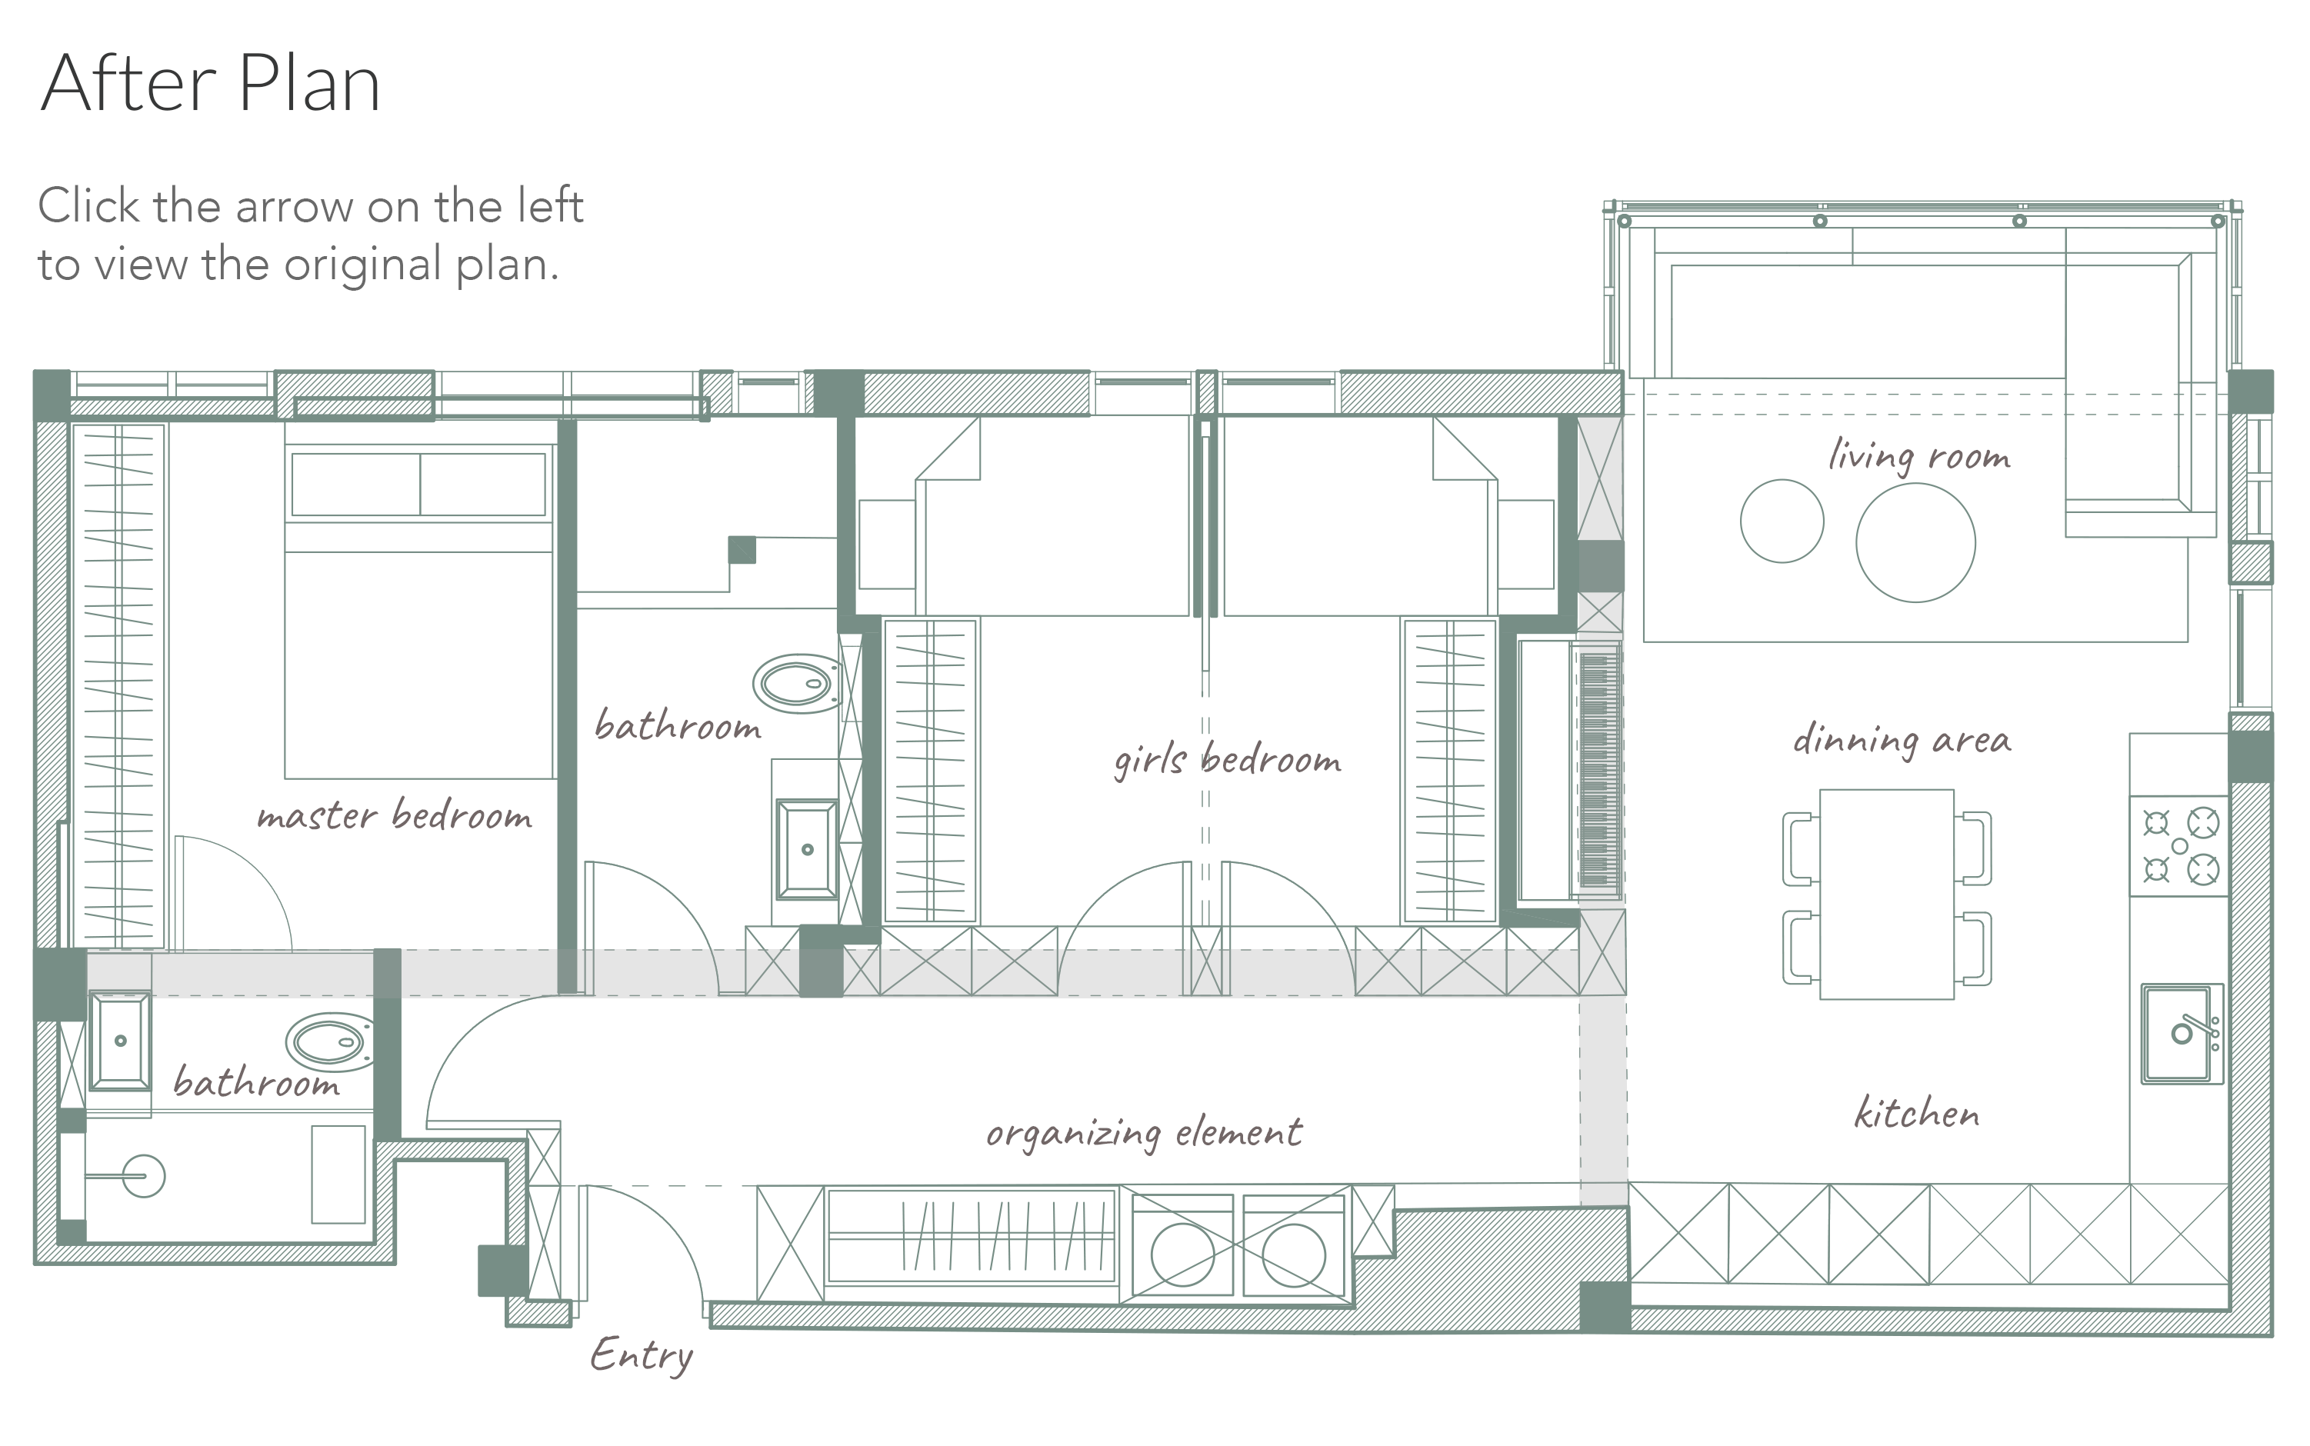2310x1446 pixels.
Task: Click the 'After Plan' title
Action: (211, 83)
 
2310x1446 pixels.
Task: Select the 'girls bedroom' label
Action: (1227, 760)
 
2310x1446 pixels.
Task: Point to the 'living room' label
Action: (1918, 456)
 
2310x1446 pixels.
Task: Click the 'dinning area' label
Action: (1902, 740)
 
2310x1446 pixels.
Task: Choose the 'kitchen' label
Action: (1917, 1113)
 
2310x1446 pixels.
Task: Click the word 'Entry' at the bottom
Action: (641, 1356)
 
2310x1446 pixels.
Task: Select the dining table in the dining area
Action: (1886, 895)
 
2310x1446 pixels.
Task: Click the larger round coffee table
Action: (1915, 542)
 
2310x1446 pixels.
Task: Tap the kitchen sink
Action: (2182, 1034)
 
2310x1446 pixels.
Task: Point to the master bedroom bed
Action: (420, 612)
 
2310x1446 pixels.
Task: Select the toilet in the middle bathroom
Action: (797, 684)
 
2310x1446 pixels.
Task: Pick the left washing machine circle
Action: (1182, 1254)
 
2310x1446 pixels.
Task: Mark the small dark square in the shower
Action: (742, 550)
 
